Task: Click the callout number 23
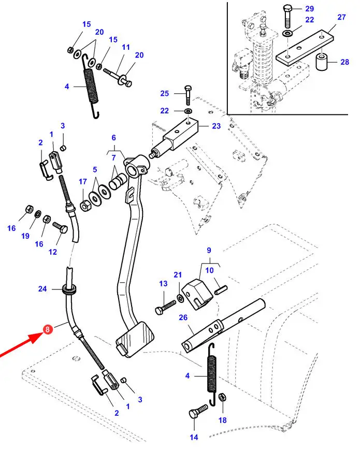pyautogui.click(x=216, y=125)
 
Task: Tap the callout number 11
pyautogui.click(x=125, y=47)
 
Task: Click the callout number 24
pyautogui.click(x=42, y=288)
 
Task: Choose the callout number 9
pyautogui.click(x=209, y=251)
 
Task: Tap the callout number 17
pyautogui.click(x=83, y=182)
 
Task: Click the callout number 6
pyautogui.click(x=113, y=138)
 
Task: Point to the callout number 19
pyautogui.click(x=25, y=236)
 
